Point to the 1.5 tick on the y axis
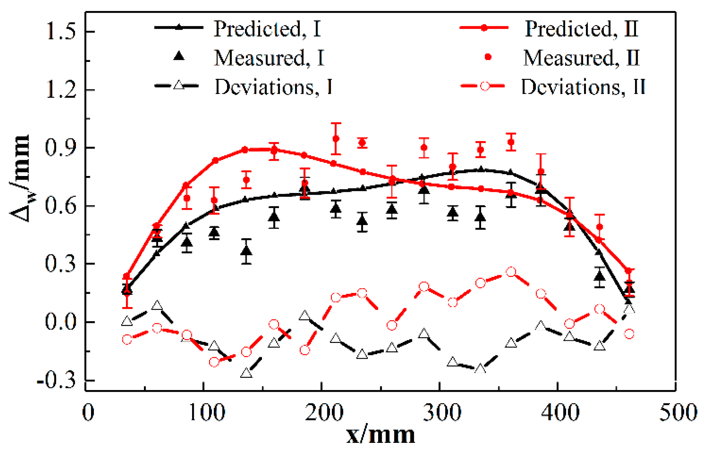(61, 32)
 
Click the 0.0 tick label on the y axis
(61, 322)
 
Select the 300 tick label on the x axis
(442, 412)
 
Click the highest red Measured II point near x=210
(336, 139)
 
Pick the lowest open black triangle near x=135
(246, 373)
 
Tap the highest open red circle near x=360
(511, 272)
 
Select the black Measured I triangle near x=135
(246, 251)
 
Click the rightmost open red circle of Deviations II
(629, 334)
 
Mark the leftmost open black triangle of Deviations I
(127, 321)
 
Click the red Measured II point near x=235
(362, 142)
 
